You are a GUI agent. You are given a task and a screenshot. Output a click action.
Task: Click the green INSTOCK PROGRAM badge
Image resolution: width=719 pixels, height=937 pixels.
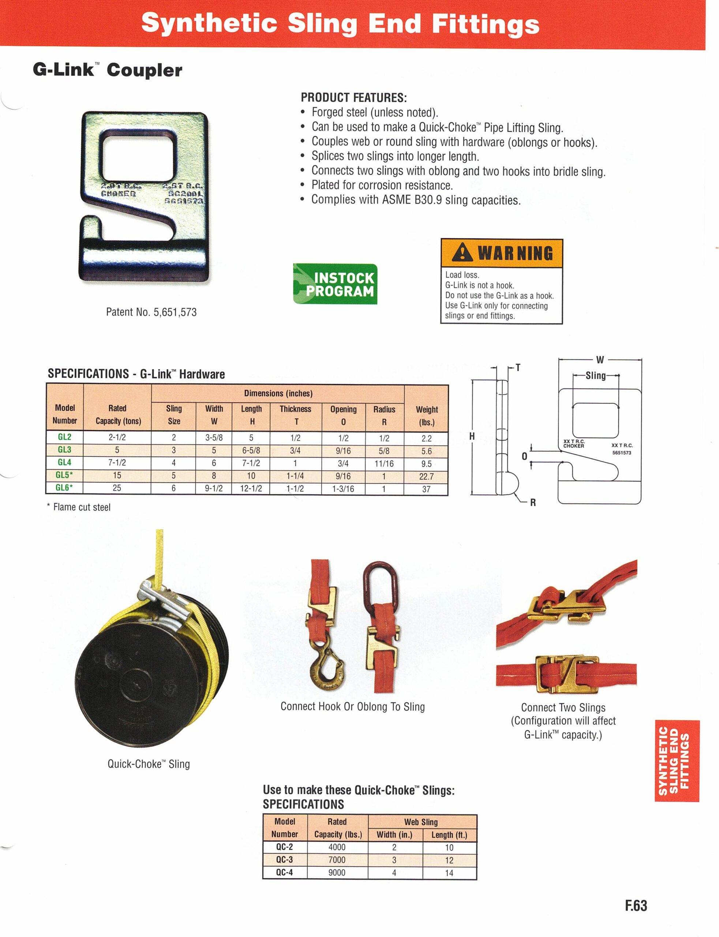click(x=335, y=284)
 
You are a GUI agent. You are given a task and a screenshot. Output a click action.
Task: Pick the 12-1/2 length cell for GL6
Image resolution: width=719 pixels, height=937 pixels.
click(x=251, y=488)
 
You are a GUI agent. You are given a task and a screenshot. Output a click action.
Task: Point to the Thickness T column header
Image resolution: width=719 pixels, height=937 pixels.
click(x=295, y=415)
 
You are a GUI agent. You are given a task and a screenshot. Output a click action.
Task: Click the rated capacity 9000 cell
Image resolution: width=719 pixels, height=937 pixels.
click(x=337, y=872)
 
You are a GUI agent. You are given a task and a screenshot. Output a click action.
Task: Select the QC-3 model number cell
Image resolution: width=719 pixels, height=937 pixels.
click(x=284, y=859)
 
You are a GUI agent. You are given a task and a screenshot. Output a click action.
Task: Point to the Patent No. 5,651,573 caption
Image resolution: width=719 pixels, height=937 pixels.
click(x=151, y=312)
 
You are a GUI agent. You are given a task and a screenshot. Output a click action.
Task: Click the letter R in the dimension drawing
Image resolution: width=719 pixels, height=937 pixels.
click(x=533, y=503)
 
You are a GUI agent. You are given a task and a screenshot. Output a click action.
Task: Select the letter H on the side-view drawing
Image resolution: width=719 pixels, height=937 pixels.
click(x=472, y=436)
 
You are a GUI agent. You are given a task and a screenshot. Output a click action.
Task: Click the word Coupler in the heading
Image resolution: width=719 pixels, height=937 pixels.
click(x=144, y=70)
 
